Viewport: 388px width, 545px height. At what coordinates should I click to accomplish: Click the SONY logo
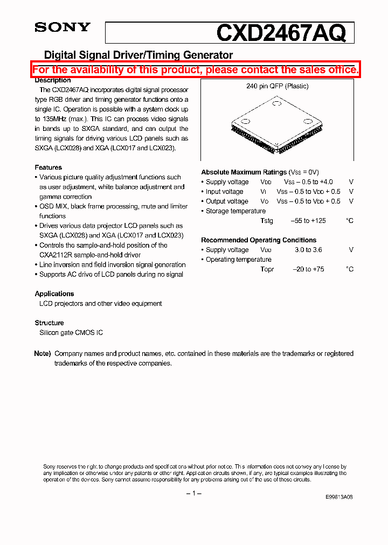(x=63, y=28)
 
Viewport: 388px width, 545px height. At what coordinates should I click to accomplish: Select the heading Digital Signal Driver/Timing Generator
(x=138, y=55)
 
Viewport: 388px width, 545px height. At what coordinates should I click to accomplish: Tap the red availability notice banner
(x=195, y=70)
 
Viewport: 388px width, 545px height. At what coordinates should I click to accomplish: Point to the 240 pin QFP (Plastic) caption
(x=277, y=86)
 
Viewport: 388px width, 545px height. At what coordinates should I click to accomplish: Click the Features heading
(x=48, y=167)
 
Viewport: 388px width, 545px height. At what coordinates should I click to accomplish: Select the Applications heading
(x=54, y=294)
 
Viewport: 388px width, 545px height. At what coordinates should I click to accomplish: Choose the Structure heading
(x=50, y=323)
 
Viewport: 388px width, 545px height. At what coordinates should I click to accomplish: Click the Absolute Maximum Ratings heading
(x=244, y=172)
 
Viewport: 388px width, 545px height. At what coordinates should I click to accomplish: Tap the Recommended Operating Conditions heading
(x=259, y=240)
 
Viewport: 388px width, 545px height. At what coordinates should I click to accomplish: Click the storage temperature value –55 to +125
(x=308, y=221)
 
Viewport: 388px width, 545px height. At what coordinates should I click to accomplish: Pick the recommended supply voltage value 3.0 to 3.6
(x=308, y=250)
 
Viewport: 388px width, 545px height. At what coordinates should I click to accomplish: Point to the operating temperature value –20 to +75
(x=308, y=269)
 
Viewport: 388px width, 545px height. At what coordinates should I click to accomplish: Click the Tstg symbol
(x=267, y=221)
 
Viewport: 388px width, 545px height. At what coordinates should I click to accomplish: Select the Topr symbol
(x=267, y=269)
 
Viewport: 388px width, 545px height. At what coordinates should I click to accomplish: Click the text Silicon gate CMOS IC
(x=71, y=332)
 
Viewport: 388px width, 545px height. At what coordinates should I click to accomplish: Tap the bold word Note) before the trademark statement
(x=43, y=354)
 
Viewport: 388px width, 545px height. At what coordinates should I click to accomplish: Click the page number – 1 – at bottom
(x=194, y=494)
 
